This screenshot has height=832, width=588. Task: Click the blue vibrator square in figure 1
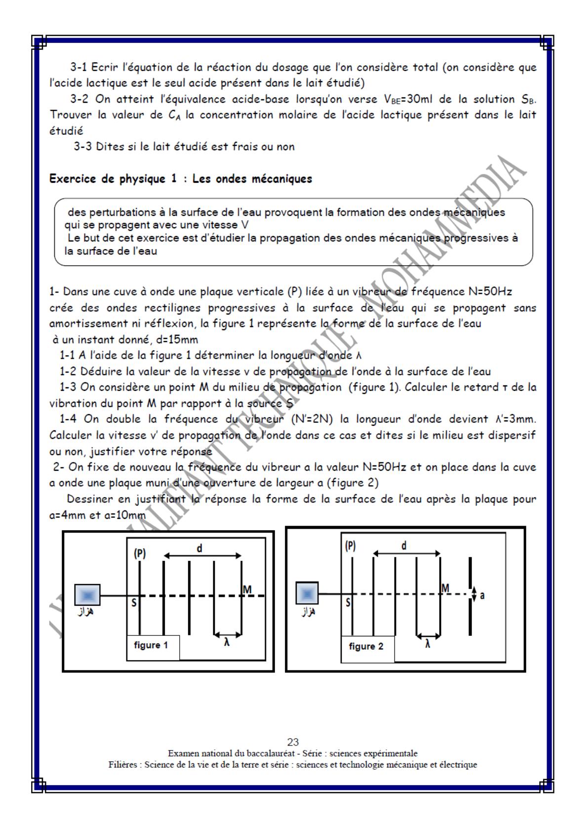click(x=87, y=595)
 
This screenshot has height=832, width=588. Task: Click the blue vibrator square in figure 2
click(x=307, y=593)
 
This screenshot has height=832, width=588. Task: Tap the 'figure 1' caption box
click(x=151, y=645)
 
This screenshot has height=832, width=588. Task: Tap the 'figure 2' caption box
click(x=366, y=646)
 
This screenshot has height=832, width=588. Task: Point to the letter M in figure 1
click(x=247, y=589)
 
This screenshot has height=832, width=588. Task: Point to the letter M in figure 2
click(x=445, y=588)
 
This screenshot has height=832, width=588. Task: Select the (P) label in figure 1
click(x=140, y=553)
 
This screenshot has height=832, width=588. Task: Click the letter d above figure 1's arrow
click(x=199, y=548)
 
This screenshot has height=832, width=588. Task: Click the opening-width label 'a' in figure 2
click(x=482, y=595)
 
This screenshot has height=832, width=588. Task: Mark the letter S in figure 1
click(x=134, y=603)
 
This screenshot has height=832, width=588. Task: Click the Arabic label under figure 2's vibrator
click(x=308, y=612)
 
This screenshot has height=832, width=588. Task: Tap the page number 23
click(x=293, y=742)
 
